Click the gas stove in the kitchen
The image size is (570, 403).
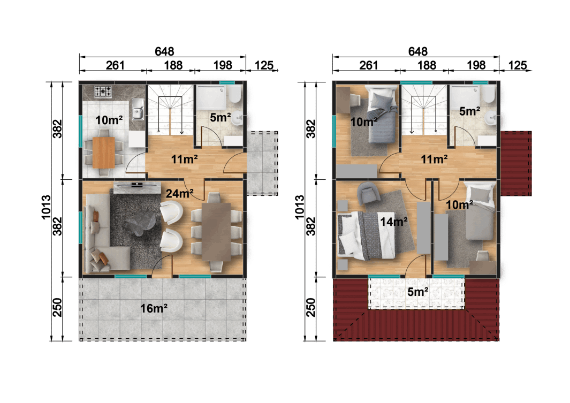click(x=103, y=92)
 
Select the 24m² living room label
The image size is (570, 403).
click(x=180, y=194)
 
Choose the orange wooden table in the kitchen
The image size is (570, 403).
click(x=103, y=152)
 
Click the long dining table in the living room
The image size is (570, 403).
click(x=217, y=232)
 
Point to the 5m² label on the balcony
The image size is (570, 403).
click(x=417, y=292)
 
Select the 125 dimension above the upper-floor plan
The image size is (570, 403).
click(x=517, y=65)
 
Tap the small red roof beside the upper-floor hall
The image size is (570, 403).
click(x=517, y=163)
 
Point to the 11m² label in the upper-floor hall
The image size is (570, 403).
click(x=434, y=159)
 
